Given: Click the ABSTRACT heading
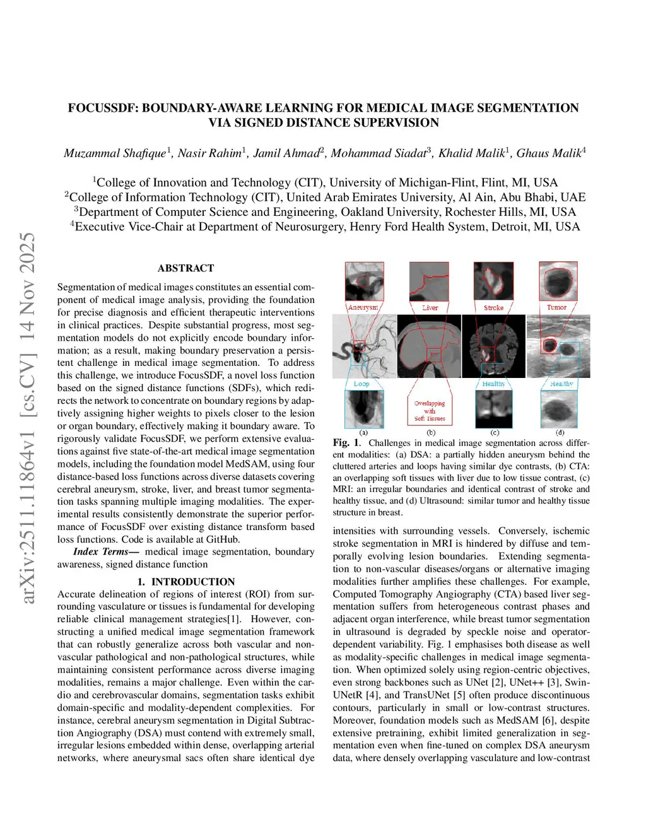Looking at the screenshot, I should [185, 268].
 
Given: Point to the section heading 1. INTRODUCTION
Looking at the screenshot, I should [185, 582].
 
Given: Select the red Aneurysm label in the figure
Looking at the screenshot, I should [363, 307].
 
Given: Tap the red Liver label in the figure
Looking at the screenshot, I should [430, 308].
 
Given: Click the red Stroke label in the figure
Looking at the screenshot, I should [493, 308].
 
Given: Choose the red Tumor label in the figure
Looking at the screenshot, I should [556, 307].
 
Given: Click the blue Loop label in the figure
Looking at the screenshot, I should [361, 384].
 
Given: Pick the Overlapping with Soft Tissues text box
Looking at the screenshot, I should [430, 411].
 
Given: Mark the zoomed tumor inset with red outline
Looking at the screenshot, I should [558, 281].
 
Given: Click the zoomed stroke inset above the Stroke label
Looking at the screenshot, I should [493, 281].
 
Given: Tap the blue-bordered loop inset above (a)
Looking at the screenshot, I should [364, 409].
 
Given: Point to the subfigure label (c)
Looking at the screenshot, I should [495, 433].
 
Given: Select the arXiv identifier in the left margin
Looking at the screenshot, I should [28, 416].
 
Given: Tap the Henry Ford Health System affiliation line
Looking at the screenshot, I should [325, 227].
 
